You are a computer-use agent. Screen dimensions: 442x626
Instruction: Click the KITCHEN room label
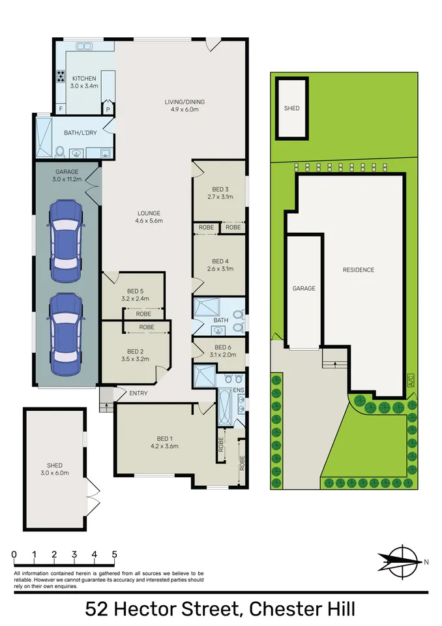84,79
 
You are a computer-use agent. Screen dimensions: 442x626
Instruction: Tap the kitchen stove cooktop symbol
61,76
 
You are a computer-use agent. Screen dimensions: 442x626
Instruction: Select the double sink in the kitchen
84,46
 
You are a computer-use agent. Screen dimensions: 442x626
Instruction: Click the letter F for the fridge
61,109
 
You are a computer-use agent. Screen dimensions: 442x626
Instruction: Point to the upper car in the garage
66,235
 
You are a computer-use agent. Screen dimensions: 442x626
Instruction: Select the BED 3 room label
220,189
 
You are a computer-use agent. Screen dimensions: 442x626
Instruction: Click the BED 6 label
223,348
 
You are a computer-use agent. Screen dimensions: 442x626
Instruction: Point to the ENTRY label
139,393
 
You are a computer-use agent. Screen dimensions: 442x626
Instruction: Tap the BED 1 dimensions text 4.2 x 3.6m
164,446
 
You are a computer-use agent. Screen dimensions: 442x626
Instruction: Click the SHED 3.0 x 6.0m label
55,469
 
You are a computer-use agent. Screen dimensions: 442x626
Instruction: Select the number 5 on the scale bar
115,554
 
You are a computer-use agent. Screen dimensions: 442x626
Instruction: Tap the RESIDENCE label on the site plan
359,270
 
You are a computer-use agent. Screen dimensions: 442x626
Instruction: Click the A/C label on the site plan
411,380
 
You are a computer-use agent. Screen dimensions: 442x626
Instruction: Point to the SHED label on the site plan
292,108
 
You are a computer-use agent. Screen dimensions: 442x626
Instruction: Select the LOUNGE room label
149,213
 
